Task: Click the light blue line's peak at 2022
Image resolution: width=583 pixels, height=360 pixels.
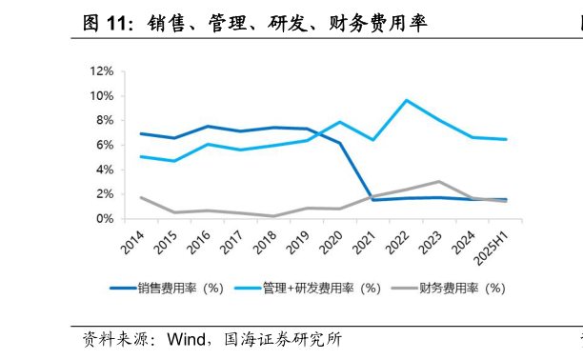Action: (x=407, y=100)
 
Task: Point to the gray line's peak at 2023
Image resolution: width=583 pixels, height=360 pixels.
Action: (x=439, y=181)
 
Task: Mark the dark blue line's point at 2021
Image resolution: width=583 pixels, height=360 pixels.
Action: (x=373, y=200)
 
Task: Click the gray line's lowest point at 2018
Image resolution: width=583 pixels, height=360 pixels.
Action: (x=273, y=216)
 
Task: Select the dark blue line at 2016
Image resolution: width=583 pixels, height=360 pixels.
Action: (x=208, y=127)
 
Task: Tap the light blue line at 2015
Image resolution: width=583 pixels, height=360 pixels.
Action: (x=174, y=161)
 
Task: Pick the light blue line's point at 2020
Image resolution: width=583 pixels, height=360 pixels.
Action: (x=340, y=122)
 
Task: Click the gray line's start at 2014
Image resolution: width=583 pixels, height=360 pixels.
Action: (x=141, y=197)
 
